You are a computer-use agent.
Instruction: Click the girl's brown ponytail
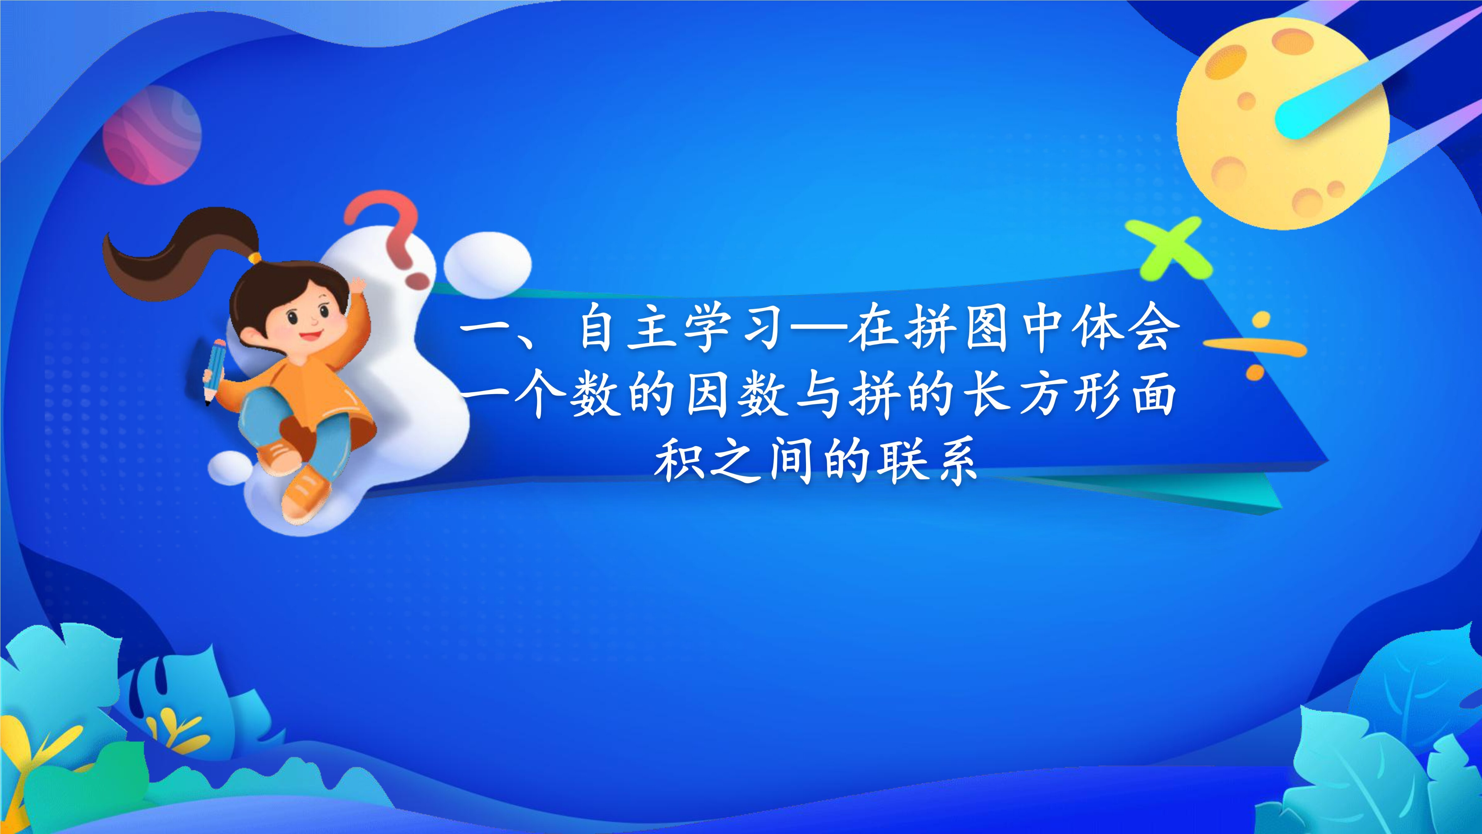click(173, 253)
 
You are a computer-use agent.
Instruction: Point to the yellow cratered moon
click(1283, 124)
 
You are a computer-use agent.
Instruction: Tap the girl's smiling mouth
click(309, 335)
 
